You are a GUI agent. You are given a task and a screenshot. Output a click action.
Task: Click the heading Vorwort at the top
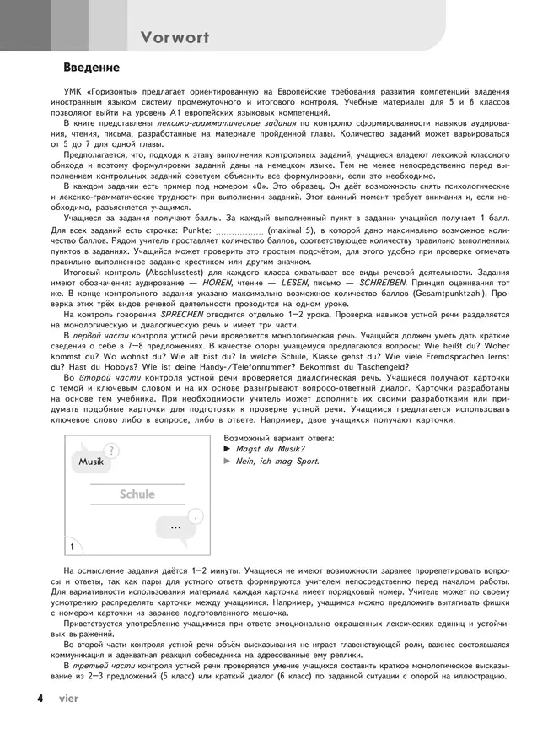175,37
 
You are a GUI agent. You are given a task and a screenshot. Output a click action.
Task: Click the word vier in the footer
69,699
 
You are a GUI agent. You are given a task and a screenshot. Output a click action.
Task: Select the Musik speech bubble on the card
91,462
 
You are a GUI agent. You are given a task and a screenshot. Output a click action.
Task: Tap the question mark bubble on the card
113,451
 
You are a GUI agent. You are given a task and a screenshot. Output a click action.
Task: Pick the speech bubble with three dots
175,527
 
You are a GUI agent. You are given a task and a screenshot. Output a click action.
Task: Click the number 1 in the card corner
75,547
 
